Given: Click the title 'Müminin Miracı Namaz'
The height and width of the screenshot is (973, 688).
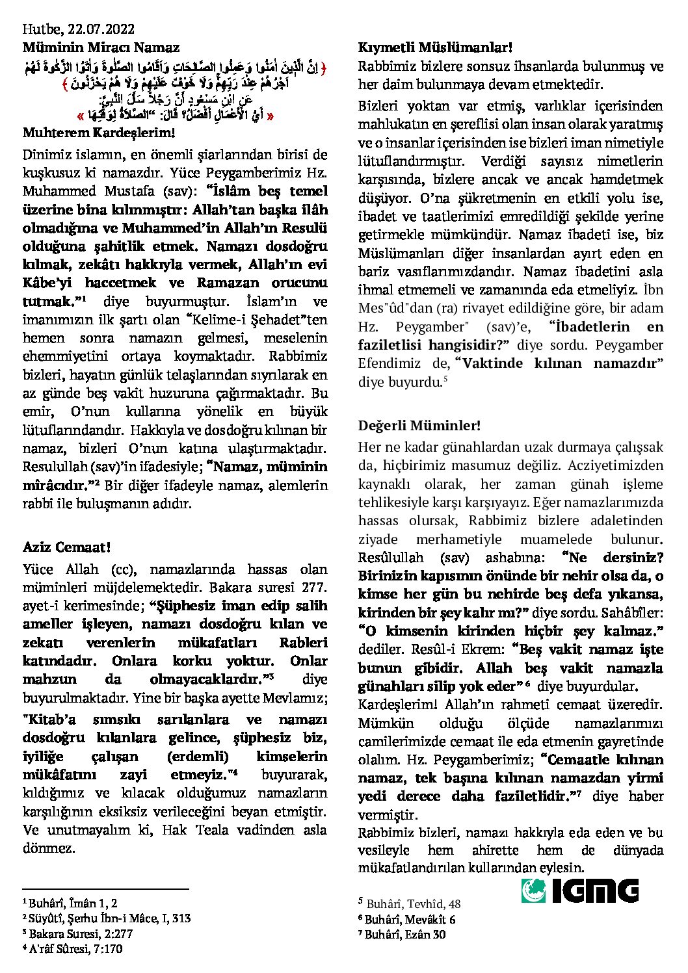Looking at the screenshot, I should point(101,47).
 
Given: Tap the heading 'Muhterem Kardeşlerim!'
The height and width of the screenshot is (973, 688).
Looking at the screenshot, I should point(98,133).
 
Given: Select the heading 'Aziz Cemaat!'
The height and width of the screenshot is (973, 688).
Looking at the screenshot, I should point(66,547).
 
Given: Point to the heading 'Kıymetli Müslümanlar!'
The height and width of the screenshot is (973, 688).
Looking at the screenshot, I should point(435,47).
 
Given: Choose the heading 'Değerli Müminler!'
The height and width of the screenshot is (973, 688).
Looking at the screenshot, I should point(419,426).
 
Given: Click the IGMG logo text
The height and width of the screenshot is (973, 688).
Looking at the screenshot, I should point(595,890).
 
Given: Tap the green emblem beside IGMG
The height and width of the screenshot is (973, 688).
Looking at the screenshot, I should point(533,890).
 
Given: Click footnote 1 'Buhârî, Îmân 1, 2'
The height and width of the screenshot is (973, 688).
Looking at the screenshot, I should point(70,903).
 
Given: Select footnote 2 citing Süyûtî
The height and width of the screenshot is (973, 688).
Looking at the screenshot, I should point(107,918).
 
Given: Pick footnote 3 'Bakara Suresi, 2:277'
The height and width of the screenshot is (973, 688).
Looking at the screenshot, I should point(77,933).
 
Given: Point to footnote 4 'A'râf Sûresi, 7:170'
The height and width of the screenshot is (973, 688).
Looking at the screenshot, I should point(75,949).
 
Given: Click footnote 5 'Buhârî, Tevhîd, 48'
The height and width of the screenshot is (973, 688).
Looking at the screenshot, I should point(410,903).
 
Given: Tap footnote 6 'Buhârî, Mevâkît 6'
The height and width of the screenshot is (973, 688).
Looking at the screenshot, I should point(406,919).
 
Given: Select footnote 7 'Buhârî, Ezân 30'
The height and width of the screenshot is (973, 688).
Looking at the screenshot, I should point(402,935).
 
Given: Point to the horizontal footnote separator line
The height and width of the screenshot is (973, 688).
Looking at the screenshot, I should point(105,889).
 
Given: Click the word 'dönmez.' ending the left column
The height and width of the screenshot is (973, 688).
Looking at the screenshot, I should point(49,848).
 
